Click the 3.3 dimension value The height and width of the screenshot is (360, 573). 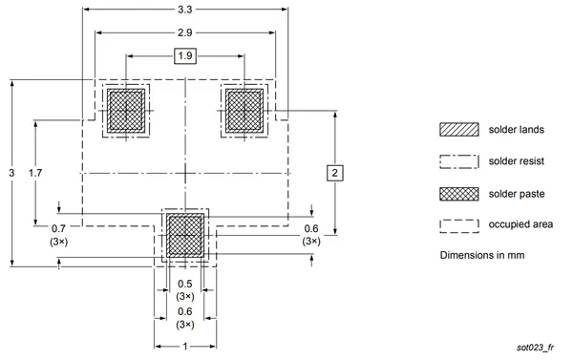[185, 10]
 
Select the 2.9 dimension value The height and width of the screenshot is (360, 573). [185, 32]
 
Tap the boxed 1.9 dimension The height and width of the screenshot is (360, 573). [185, 56]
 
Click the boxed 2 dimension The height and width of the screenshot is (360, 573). [335, 173]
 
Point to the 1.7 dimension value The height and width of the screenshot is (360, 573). [35, 173]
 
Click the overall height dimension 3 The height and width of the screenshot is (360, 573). [11, 173]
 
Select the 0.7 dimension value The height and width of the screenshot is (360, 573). [58, 229]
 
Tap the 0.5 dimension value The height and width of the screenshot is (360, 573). [185, 284]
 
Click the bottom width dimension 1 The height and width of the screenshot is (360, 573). [185, 346]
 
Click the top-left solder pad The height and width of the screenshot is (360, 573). [126, 111]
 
